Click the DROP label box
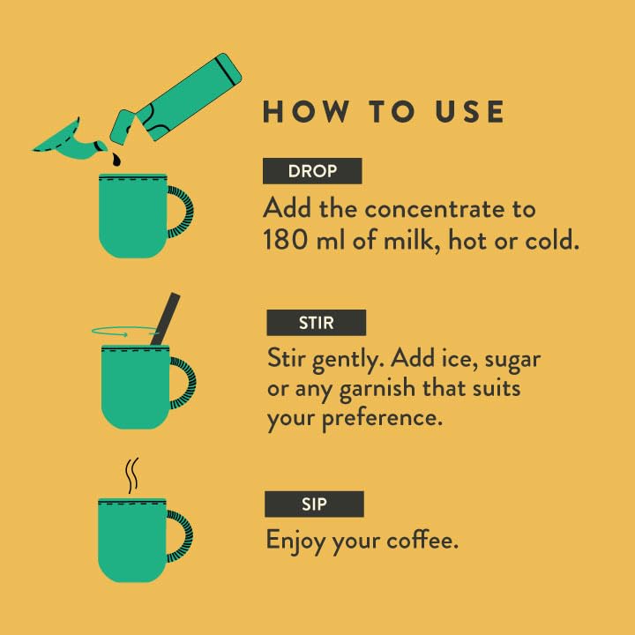point(312,171)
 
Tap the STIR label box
point(317,323)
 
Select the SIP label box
point(314,504)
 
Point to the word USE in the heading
point(470,111)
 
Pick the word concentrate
point(435,209)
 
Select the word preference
point(382,419)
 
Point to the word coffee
point(422,540)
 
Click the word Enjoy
point(295,542)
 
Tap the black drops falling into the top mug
point(116,159)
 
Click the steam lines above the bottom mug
point(132,475)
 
